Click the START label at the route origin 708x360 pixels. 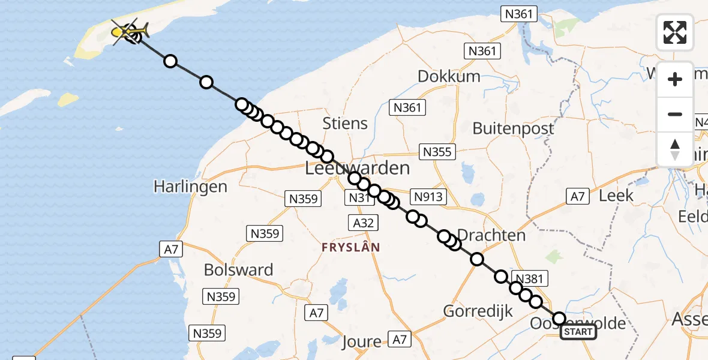(578, 332)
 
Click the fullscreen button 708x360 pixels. (675, 32)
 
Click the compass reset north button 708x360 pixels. (675, 149)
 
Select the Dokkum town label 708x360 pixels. (449, 76)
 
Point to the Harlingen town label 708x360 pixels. (190, 186)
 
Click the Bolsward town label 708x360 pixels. (238, 270)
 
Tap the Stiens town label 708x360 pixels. (345, 124)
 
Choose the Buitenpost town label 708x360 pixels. (513, 128)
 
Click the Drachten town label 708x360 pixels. (491, 235)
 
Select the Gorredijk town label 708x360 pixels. (478, 311)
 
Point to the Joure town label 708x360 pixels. (362, 342)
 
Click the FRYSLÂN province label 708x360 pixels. (351, 247)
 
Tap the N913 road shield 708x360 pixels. (428, 196)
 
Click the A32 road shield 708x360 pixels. (363, 223)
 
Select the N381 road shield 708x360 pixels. (529, 278)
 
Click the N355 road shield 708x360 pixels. (437, 152)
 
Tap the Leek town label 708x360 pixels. (616, 195)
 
